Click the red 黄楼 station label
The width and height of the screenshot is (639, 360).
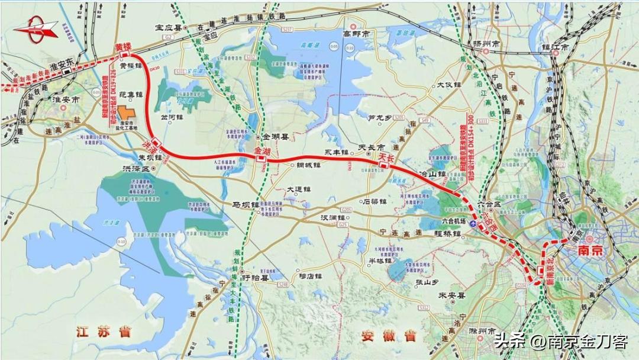click(x=123, y=46)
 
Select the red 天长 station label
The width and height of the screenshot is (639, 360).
click(x=386, y=157)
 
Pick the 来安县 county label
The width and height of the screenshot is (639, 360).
click(x=450, y=295)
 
